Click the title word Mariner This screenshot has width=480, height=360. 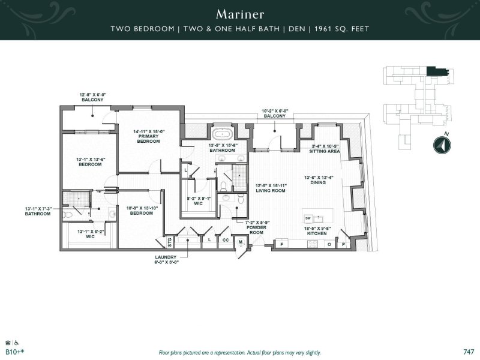[x=239, y=13]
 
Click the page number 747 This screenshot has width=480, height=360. [x=469, y=352]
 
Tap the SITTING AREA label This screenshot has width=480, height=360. [x=325, y=149]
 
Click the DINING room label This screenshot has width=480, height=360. [x=322, y=181]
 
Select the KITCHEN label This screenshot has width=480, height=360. [x=322, y=232]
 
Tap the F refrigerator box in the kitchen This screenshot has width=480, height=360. [x=281, y=244]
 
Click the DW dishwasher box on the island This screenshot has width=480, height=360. [x=308, y=218]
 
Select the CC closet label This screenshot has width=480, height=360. [x=225, y=240]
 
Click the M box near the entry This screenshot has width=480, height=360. [x=241, y=242]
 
